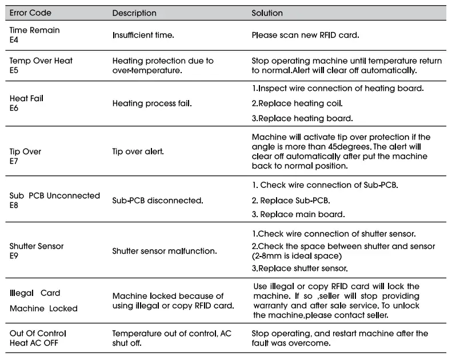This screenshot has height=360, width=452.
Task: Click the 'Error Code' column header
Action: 30,13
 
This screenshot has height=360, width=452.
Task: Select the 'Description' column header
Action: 134,13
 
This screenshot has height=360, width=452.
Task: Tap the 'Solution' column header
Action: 267,13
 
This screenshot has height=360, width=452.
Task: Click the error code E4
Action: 14,39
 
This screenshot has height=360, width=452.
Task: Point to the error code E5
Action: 14,70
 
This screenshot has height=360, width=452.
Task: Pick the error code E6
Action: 14,108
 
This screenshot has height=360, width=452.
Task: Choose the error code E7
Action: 14,162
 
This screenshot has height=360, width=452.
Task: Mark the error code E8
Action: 14,205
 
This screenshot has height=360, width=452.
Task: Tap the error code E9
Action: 14,255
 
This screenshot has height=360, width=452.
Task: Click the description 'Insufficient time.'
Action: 143,35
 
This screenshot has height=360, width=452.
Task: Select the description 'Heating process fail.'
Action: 152,103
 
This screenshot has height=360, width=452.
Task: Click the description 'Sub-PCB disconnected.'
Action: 157,201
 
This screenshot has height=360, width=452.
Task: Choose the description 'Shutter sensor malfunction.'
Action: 165,251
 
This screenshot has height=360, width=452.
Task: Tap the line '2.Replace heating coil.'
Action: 297,103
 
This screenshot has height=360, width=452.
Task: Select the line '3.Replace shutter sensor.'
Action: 300,268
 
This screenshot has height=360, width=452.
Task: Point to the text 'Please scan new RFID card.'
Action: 305,35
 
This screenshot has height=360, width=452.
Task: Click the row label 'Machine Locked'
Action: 43,309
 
